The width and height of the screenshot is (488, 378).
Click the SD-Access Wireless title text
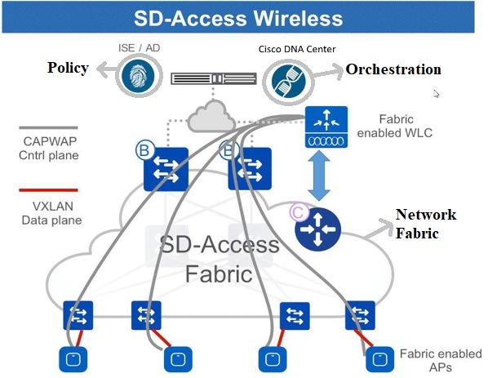point(244,18)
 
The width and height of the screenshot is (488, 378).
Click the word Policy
point(67,68)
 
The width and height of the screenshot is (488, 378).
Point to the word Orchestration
point(393,69)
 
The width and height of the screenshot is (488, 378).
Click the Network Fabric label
point(426,223)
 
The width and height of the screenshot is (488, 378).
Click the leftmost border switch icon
point(166,169)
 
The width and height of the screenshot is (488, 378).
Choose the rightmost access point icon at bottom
point(377,357)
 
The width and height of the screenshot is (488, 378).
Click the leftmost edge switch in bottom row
point(79,314)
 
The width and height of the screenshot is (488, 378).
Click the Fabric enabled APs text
point(437,360)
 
